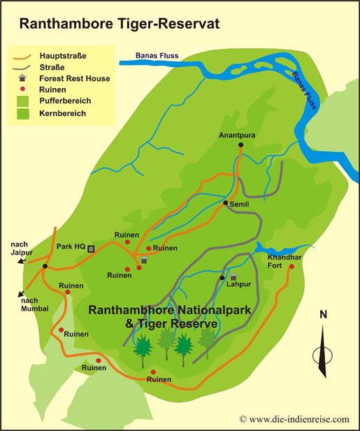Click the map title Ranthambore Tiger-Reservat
119,23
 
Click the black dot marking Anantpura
240,145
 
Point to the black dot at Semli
225,203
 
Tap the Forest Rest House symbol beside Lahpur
233,278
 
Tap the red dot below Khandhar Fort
291,266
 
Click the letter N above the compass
323,314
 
